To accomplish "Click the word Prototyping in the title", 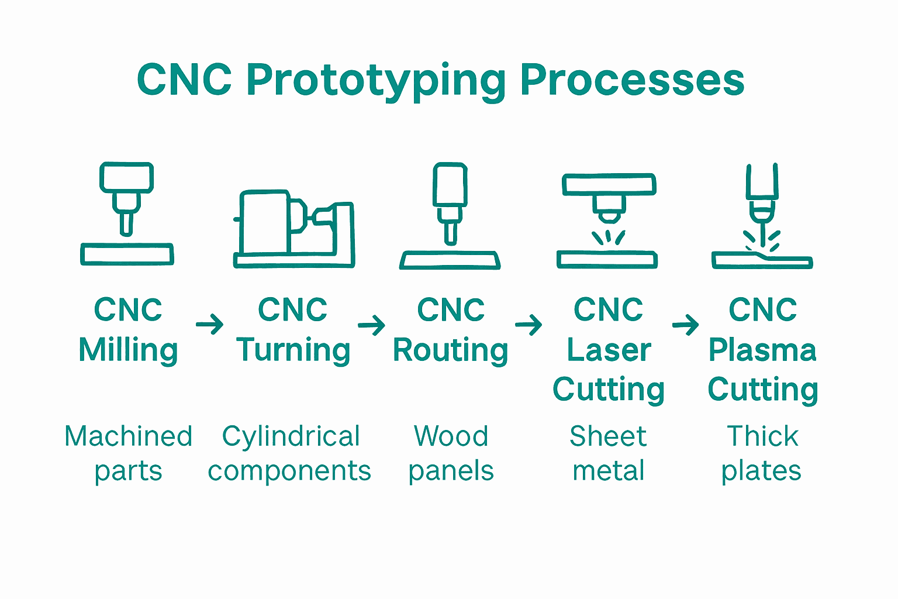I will click(376, 80).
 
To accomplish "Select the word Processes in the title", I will click(632, 80).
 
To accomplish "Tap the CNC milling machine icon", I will click(127, 214).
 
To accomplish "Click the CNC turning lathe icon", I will click(294, 229).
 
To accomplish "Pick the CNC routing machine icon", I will click(450, 216).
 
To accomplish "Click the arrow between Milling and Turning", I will click(209, 324).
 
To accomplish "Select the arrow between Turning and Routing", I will click(371, 324).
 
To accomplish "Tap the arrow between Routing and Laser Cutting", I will click(529, 324).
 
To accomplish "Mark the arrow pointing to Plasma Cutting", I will click(685, 324).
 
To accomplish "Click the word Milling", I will click(128, 350).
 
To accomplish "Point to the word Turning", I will click(293, 350).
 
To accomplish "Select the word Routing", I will click(450, 350).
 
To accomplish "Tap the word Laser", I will click(609, 350).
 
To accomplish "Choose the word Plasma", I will click(762, 350).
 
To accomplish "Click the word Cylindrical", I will click(291, 437).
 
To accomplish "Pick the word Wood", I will click(451, 436).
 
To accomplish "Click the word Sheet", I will click(608, 436).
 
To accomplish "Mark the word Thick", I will click(762, 436).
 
